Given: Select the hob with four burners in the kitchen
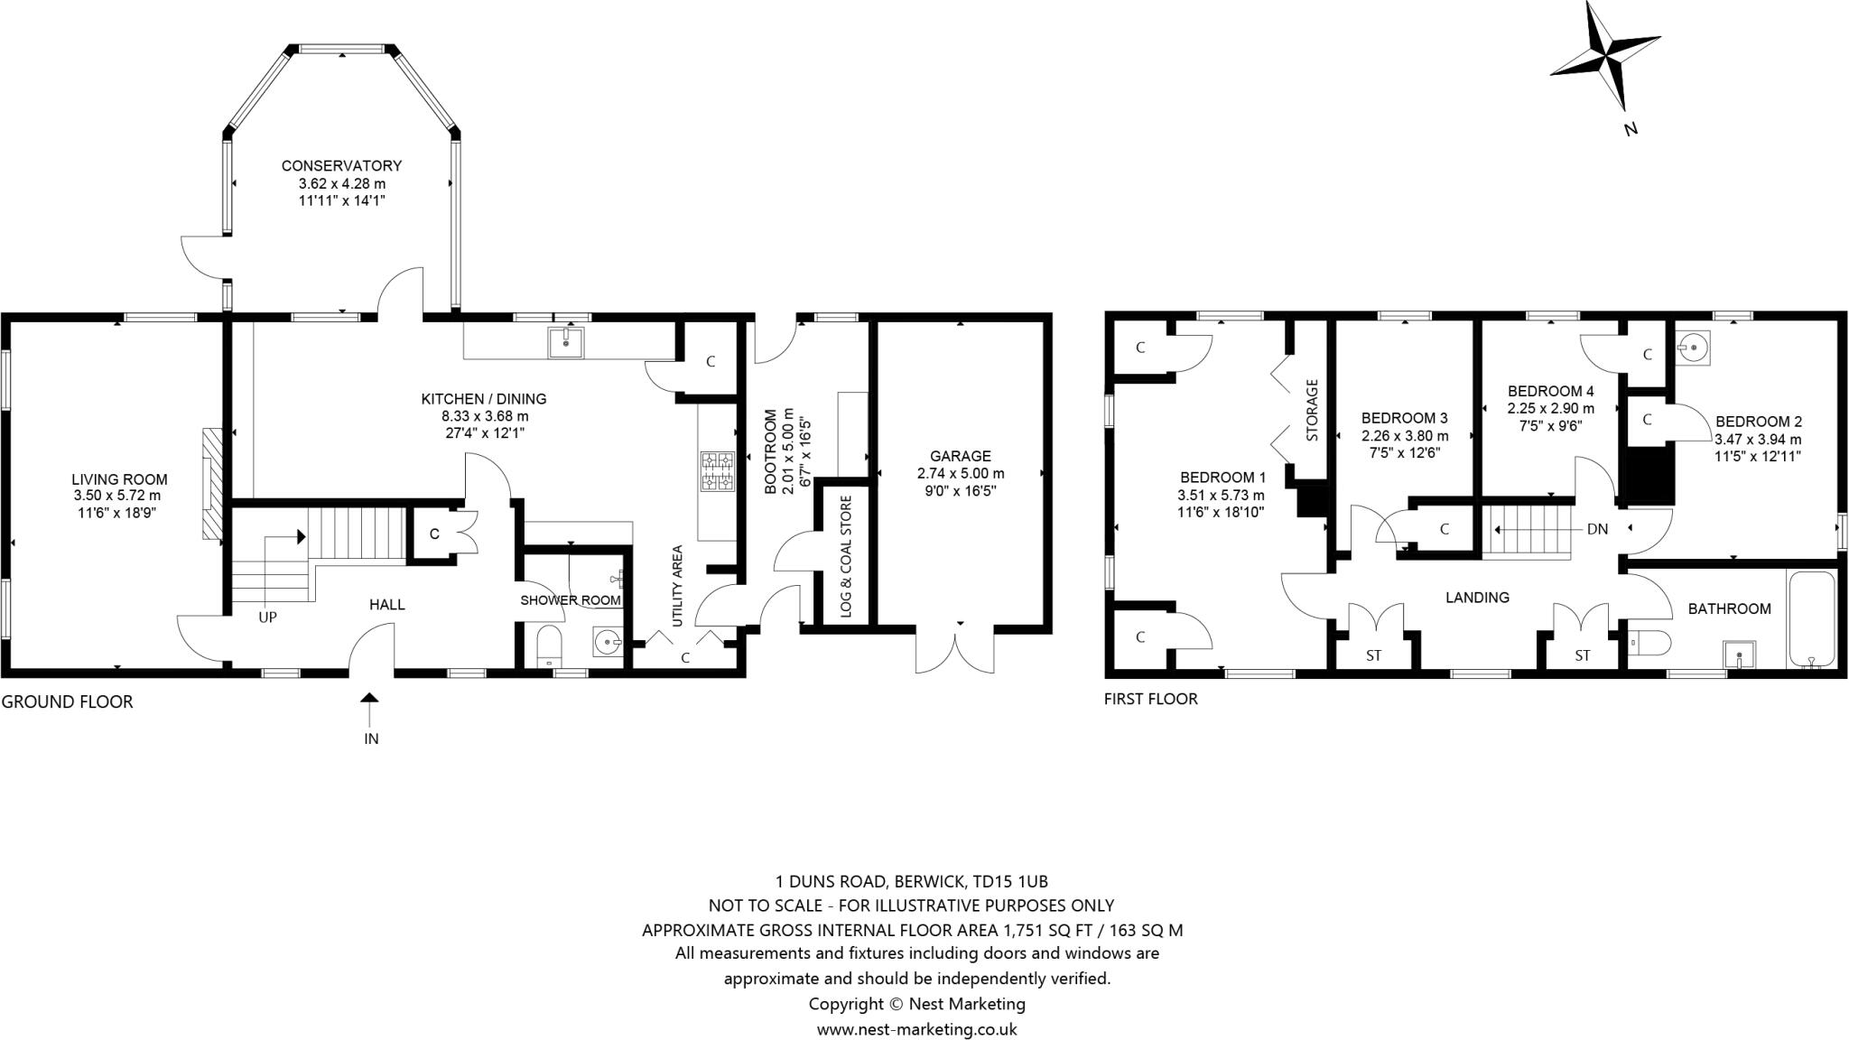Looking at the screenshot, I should pyautogui.click(x=718, y=471).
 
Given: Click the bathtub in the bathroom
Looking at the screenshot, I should pyautogui.click(x=1811, y=619).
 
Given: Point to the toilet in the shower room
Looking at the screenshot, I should pyautogui.click(x=549, y=647).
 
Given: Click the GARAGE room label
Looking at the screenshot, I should pyautogui.click(x=960, y=456).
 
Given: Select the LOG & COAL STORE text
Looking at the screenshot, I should pyautogui.click(x=846, y=555).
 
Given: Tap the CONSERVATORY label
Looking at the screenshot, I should pyautogui.click(x=341, y=166).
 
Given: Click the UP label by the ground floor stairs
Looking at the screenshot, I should pyautogui.click(x=267, y=617).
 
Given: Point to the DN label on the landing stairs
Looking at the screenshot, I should pyautogui.click(x=1597, y=529).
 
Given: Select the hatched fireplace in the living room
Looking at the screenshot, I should pyautogui.click(x=212, y=484).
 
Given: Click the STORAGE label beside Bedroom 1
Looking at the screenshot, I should pyautogui.click(x=1312, y=410).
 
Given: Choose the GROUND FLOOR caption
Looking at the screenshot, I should pyautogui.click(x=67, y=701).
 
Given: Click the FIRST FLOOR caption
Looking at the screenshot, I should pyautogui.click(x=1150, y=699).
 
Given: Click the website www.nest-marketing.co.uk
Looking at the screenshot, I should pyautogui.click(x=916, y=1029).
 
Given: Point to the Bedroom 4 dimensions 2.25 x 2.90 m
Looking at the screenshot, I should pyautogui.click(x=1550, y=408).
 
